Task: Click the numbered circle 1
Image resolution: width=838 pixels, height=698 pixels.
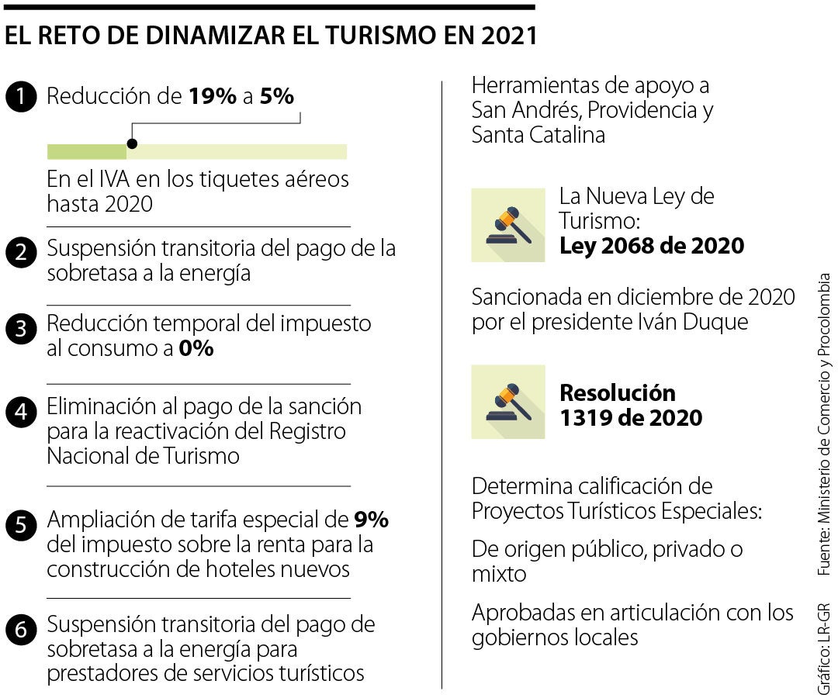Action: coord(20,97)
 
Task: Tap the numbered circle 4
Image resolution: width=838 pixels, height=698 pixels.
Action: coord(20,412)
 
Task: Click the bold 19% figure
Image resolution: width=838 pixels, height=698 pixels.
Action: coord(212,96)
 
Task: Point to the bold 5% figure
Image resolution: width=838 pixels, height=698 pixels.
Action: coord(277,96)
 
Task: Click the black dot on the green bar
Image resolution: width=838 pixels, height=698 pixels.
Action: coord(132,143)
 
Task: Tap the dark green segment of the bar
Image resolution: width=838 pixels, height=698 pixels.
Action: coord(86,151)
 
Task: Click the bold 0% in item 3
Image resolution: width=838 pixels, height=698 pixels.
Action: coord(196,349)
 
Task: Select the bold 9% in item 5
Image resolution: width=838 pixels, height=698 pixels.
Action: coord(371,519)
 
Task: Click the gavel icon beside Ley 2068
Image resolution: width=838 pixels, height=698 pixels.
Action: coord(507,225)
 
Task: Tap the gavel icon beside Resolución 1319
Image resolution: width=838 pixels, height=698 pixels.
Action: coord(507,401)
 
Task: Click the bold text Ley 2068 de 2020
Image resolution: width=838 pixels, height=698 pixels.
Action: coord(651,247)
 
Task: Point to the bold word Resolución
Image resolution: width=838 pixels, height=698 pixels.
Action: coord(617,392)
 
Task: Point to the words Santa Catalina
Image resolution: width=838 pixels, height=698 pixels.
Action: coord(538,135)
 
